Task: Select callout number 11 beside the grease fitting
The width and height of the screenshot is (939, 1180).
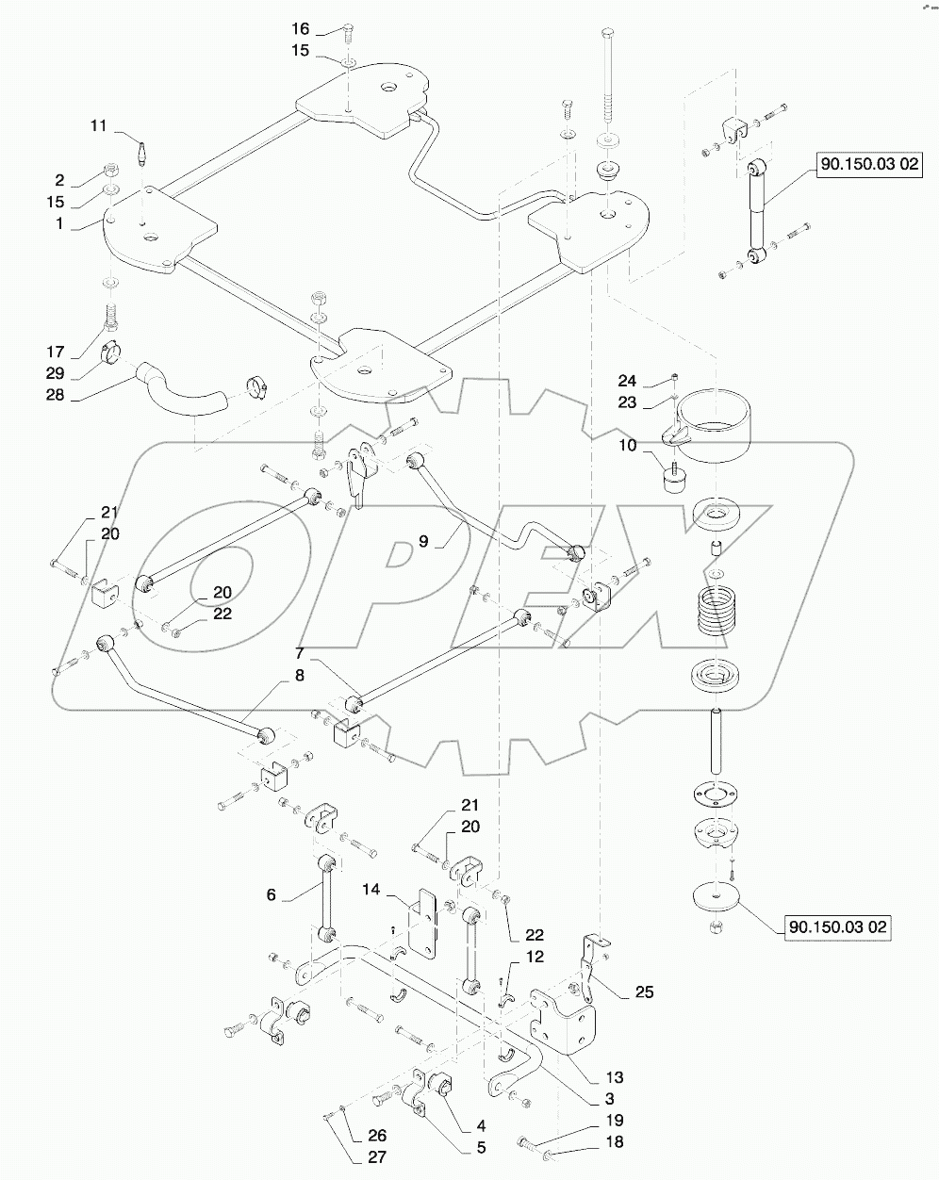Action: pyautogui.click(x=100, y=125)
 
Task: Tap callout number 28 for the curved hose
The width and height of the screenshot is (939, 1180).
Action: pyautogui.click(x=56, y=395)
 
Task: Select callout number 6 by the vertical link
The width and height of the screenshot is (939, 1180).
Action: pyautogui.click(x=272, y=894)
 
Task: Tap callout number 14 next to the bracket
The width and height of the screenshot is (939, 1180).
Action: pyautogui.click(x=372, y=889)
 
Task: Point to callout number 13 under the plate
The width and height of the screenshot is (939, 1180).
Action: pyautogui.click(x=615, y=1077)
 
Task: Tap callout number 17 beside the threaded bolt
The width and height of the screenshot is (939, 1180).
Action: pyautogui.click(x=56, y=352)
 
